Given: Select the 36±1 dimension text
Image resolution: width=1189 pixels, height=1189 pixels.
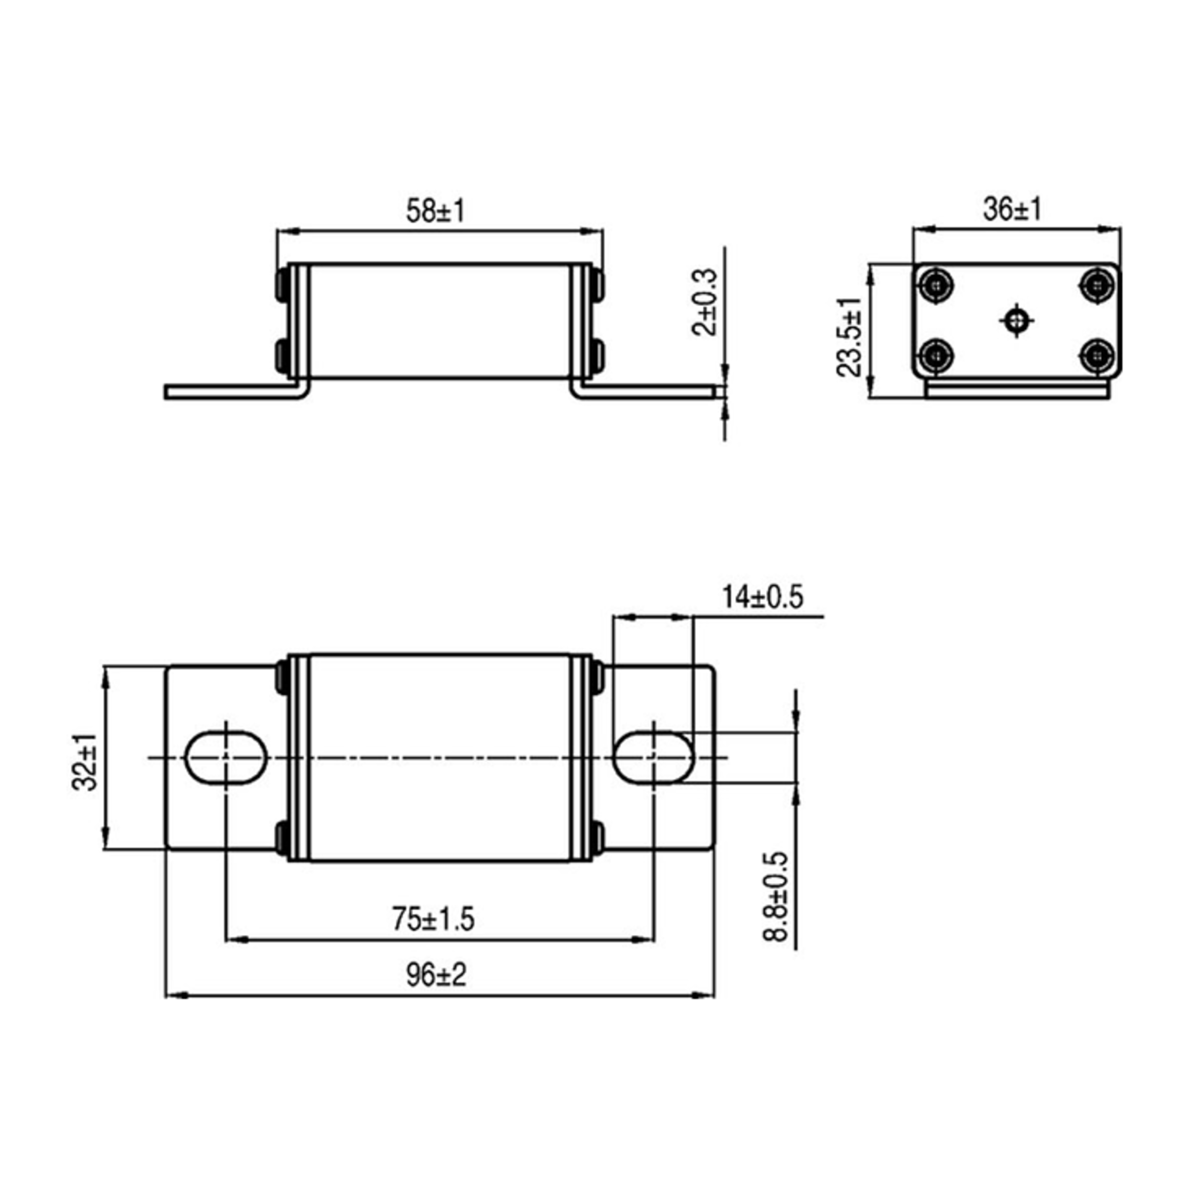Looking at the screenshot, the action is [1012, 210].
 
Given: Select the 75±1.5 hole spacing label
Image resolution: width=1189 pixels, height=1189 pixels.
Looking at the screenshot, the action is [434, 919].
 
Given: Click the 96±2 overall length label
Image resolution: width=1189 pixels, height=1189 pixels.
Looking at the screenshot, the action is [436, 975].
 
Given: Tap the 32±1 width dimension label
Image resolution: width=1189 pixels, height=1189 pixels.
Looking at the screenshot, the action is [84, 762].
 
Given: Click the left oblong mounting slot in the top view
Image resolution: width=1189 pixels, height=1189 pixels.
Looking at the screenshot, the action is [226, 757].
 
